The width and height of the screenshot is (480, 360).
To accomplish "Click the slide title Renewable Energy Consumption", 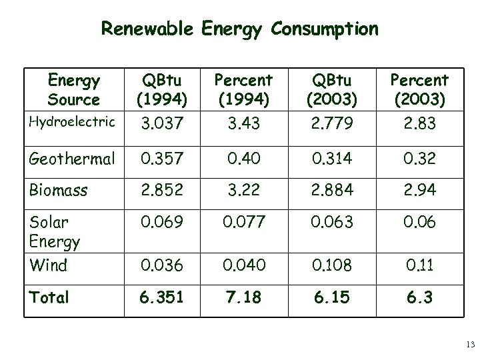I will tap(239, 29).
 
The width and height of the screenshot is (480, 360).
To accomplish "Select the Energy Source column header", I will tap(73, 90).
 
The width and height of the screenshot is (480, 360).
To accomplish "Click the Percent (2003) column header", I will tap(419, 90).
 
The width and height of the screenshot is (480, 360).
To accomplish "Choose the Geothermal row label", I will tap(72, 159).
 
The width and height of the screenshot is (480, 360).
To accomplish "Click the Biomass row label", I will tap(58, 190).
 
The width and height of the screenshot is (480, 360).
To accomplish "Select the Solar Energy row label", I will tap(55, 231).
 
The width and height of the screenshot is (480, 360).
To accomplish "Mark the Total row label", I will tap(49, 297).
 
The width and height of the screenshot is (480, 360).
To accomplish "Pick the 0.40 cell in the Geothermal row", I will tap(243, 159).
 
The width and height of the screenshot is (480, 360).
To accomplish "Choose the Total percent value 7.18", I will tap(243, 297).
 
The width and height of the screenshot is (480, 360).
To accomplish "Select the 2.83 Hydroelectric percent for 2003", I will tap(419, 124).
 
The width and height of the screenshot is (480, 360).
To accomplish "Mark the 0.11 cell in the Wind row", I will tap(419, 265).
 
